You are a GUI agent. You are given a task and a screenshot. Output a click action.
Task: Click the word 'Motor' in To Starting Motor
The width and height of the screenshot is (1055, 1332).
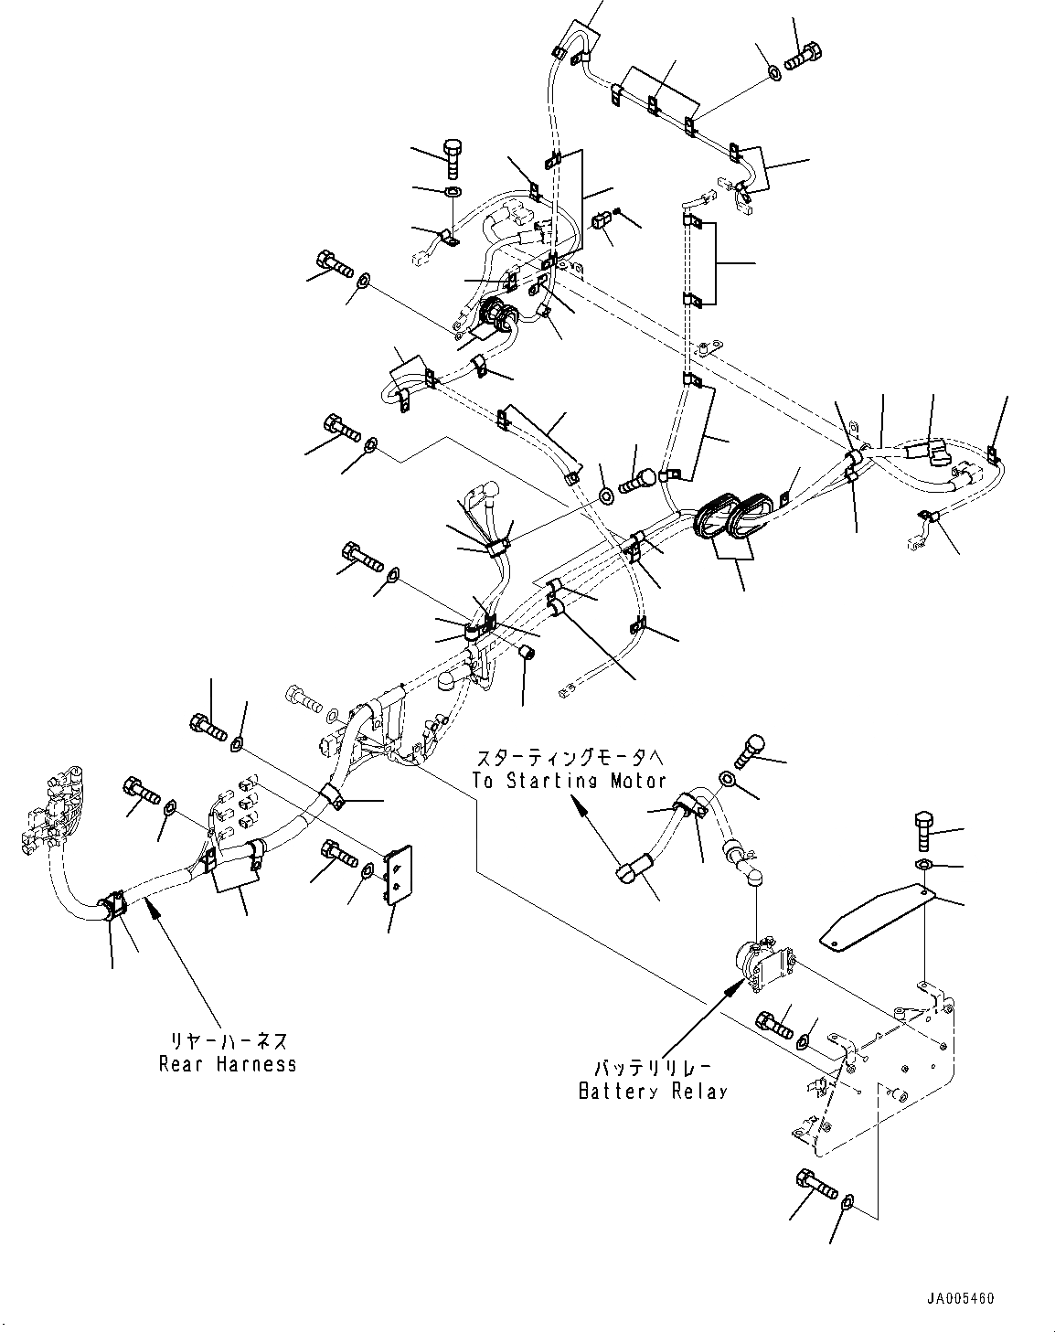tap(636, 781)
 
